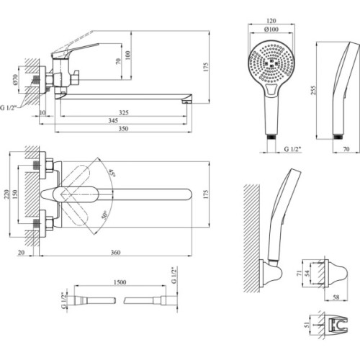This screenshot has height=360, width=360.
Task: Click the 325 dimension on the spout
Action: [x=124, y=112]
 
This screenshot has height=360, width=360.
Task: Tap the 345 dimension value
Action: [x=113, y=120]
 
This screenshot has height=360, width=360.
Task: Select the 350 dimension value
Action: [x=123, y=129]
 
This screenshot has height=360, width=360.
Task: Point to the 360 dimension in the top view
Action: [x=116, y=253]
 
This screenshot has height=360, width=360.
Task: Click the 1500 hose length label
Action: [x=120, y=282]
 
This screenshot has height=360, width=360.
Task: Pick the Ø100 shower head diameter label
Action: [x=271, y=30]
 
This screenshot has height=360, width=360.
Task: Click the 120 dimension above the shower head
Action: [x=271, y=21]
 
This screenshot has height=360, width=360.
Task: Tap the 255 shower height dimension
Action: [x=314, y=90]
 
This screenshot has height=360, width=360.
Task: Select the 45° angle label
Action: [x=112, y=173]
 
